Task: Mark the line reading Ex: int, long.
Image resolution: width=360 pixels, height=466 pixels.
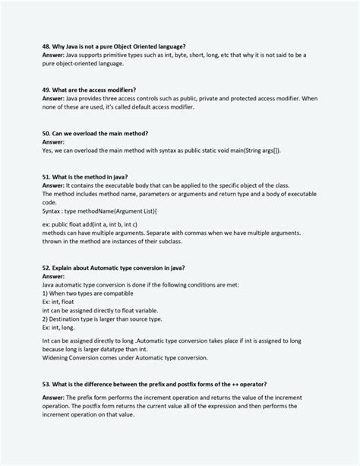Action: pyautogui.click(x=58, y=328)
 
